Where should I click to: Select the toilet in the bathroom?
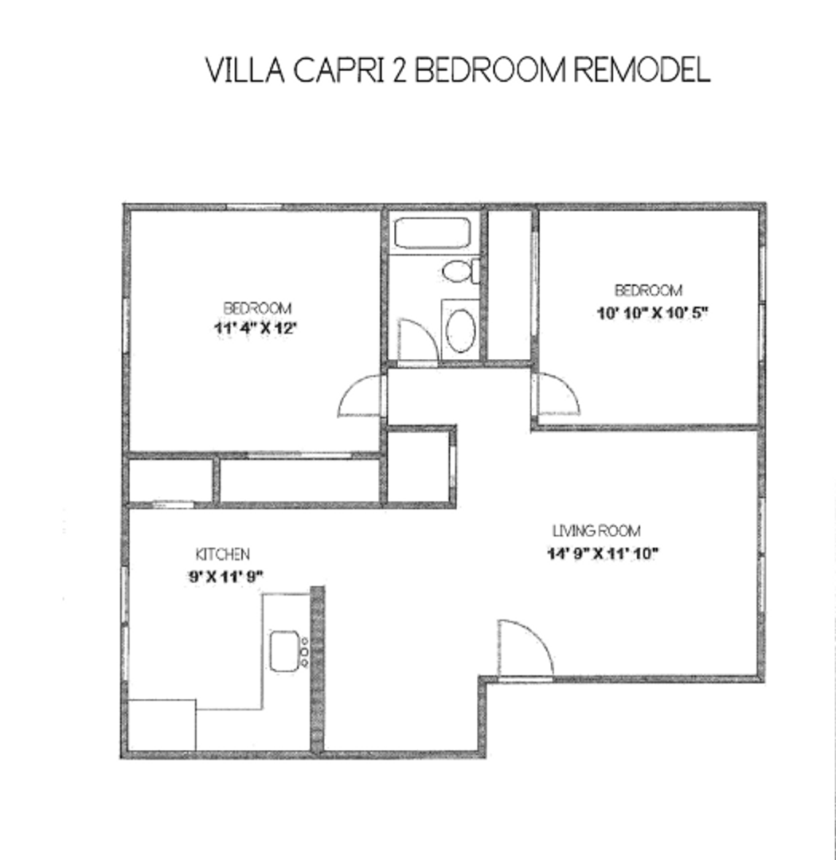(459, 272)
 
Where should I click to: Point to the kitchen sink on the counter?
(284, 651)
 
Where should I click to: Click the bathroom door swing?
(416, 340)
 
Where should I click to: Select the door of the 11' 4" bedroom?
(360, 396)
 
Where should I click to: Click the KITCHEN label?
(223, 554)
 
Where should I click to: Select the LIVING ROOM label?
(596, 531)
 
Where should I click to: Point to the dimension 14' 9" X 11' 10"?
(601, 554)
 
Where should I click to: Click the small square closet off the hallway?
(418, 467)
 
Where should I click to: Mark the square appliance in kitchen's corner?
(162, 724)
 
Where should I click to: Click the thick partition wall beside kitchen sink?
(317, 669)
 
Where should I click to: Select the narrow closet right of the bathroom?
(509, 284)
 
